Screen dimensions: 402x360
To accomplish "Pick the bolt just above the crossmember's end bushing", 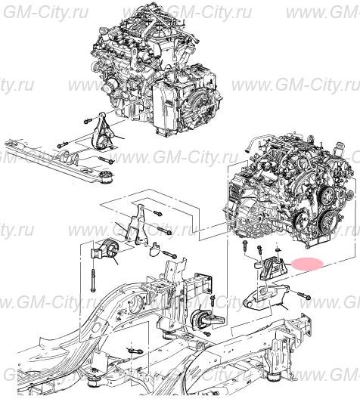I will [108, 161].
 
